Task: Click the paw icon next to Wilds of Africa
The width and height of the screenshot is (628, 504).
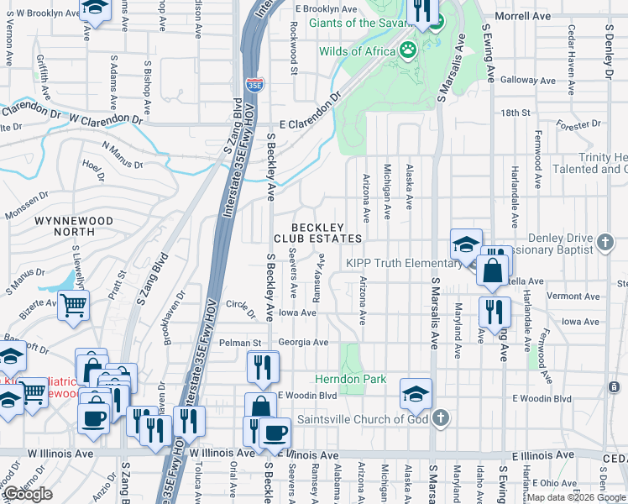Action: pos(409,50)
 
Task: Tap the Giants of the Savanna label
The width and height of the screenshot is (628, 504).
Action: pos(362,22)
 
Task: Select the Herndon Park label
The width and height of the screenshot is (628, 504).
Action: pos(350,379)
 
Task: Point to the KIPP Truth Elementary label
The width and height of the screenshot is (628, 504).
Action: pos(401,263)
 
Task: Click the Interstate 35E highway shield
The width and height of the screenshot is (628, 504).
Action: pos(254,84)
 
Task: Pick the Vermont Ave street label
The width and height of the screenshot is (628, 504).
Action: pos(573,296)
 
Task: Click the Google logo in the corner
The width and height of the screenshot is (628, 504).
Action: pos(28,494)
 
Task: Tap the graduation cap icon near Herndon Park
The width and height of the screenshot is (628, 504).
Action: pos(416,393)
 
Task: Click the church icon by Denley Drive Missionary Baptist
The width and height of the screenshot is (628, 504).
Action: pos(605,244)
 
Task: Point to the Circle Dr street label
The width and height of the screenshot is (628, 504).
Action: pos(240,308)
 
